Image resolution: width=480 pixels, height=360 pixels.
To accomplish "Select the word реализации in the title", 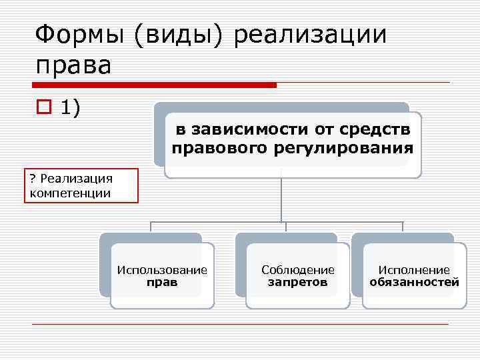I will click(x=311, y=34).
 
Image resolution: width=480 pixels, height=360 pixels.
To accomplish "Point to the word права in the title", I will click(x=73, y=65).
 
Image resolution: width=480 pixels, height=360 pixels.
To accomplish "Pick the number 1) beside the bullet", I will click(x=71, y=107).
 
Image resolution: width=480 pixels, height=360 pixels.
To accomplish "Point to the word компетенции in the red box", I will click(x=71, y=193).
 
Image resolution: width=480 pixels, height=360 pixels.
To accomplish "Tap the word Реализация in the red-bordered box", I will click(x=77, y=179).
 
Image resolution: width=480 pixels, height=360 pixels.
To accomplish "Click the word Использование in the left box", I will click(x=162, y=270).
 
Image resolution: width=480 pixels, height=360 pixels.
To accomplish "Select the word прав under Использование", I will click(x=162, y=282).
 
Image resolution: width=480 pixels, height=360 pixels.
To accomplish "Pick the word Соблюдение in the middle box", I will click(x=298, y=270).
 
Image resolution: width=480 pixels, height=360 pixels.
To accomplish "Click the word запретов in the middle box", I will click(x=298, y=282).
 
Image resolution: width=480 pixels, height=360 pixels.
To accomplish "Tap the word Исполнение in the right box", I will click(x=414, y=270).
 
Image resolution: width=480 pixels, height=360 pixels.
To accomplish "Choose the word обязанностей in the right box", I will click(x=414, y=282).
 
